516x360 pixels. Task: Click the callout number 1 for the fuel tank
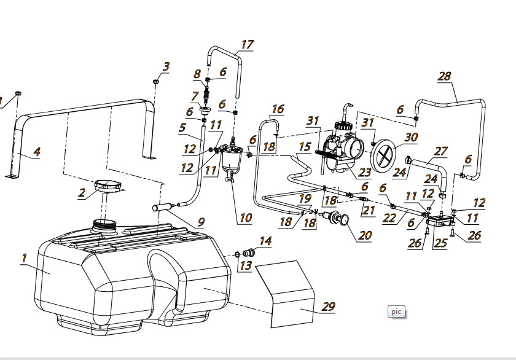click(24, 258)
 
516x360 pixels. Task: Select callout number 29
click(329, 306)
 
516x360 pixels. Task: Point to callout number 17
click(247, 44)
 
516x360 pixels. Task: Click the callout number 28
click(445, 76)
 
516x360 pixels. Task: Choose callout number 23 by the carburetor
click(365, 173)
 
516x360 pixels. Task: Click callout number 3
click(166, 66)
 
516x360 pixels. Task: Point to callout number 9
click(201, 222)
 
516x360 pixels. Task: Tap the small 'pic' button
click(396, 311)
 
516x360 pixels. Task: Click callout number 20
click(365, 235)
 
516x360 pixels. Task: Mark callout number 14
click(265, 241)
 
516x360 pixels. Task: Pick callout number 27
click(441, 151)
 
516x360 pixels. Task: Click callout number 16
click(278, 109)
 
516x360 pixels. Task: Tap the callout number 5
click(182, 128)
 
